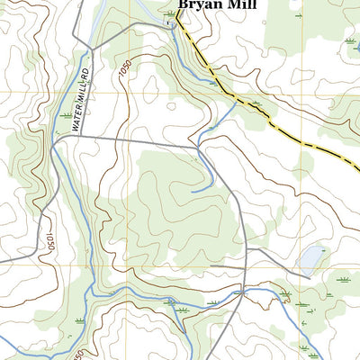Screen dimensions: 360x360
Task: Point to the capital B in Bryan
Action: [x=184, y=4]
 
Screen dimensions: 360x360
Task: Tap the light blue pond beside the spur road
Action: [x=310, y=259]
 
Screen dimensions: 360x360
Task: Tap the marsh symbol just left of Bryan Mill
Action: [x=170, y=13]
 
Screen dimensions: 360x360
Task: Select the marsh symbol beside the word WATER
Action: [x=64, y=115]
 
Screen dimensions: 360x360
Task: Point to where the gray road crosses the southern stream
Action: [x=229, y=297]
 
